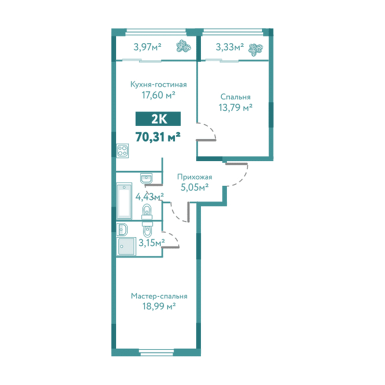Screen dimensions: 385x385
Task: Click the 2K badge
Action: (x=158, y=119)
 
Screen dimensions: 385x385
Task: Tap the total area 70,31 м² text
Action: (x=158, y=137)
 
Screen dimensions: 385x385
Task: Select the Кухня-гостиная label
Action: (x=158, y=84)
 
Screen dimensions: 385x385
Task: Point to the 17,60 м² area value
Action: (x=158, y=95)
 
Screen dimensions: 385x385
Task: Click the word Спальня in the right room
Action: (x=236, y=97)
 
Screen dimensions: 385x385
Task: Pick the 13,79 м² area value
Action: (x=236, y=107)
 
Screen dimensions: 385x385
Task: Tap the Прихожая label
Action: (x=195, y=177)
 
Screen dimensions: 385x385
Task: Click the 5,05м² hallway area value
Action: (x=195, y=188)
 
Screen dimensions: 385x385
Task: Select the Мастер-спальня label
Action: (x=159, y=296)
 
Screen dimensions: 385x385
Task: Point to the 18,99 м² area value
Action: (x=159, y=306)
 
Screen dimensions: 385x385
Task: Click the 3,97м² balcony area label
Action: (x=147, y=47)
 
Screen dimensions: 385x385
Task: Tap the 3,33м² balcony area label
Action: (x=230, y=47)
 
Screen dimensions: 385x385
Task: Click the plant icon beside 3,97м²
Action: (x=184, y=46)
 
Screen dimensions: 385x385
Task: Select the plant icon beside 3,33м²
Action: (x=255, y=50)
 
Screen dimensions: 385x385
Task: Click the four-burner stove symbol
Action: (x=122, y=151)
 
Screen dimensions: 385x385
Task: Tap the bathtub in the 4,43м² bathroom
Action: (x=124, y=201)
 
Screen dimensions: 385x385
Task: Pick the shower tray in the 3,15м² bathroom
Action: (x=126, y=246)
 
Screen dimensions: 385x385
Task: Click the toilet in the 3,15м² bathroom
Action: (x=147, y=229)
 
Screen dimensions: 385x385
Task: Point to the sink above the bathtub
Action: (x=147, y=178)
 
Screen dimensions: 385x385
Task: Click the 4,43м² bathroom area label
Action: (x=149, y=197)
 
